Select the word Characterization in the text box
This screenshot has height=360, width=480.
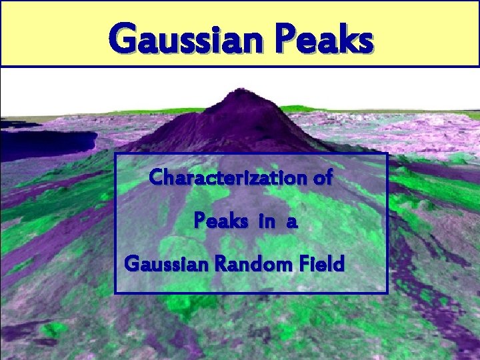point(227,178)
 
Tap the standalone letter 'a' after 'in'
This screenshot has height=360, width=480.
point(291,221)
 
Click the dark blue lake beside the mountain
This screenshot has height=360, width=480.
point(47,141)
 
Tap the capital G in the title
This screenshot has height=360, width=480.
point(126,39)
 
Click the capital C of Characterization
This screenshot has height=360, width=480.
point(157,178)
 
